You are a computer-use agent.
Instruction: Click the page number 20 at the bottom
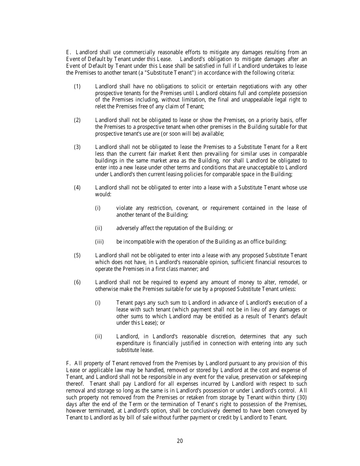[180, 441]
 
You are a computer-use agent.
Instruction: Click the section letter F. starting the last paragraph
[68, 363]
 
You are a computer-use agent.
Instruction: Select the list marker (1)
[77, 86]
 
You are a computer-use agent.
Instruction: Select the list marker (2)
[77, 120]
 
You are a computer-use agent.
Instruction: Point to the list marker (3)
[77, 147]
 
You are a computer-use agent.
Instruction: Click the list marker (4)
[77, 188]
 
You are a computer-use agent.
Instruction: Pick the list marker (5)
[77, 255]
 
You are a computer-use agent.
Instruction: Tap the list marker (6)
[77, 282]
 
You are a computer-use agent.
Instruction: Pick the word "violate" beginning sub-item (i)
[124, 208]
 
